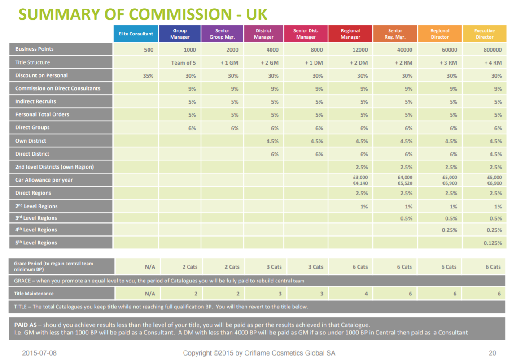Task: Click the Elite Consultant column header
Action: click(136, 34)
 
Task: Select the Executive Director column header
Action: click(484, 34)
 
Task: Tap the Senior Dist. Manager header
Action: click(306, 34)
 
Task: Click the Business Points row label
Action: click(34, 49)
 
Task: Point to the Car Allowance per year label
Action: click(44, 180)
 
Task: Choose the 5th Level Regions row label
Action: click(36, 242)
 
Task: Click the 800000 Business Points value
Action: click(492, 50)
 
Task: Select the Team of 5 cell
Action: click(184, 63)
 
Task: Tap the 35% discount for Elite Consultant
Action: click(148, 76)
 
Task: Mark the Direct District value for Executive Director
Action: click(496, 154)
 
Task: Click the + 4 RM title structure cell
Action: click(493, 63)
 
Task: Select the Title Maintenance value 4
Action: click(366, 294)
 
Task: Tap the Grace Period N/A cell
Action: click(150, 267)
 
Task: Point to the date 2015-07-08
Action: click(39, 353)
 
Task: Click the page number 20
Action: click(492, 353)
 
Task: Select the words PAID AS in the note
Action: click(26, 325)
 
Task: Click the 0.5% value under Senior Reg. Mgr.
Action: click(406, 218)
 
